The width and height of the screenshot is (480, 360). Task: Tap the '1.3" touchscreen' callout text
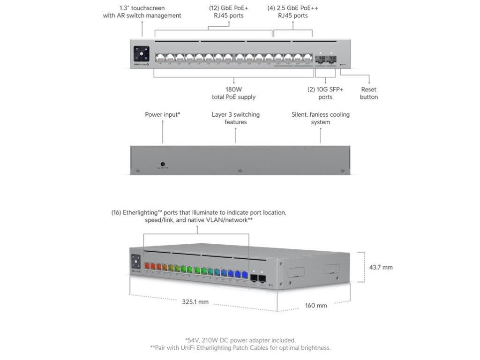tap(142, 12)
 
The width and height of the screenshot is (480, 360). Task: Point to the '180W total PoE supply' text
tap(233, 93)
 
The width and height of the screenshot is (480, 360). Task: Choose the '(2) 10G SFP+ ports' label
tap(325, 93)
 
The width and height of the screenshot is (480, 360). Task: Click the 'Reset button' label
tap(369, 93)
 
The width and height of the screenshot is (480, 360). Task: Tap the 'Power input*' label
tap(163, 114)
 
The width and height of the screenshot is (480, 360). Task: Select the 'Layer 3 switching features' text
tap(235, 118)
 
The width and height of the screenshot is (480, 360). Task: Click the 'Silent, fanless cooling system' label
tap(321, 118)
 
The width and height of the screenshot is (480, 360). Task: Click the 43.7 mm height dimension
tap(381, 268)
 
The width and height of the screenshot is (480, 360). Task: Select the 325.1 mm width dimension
tap(195, 302)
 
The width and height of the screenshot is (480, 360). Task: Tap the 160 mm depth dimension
tap(316, 306)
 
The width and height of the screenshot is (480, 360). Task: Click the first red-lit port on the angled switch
tap(146, 266)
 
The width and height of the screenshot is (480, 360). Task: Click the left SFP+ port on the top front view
tap(320, 59)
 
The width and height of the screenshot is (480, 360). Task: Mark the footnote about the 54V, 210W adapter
tap(240, 340)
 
